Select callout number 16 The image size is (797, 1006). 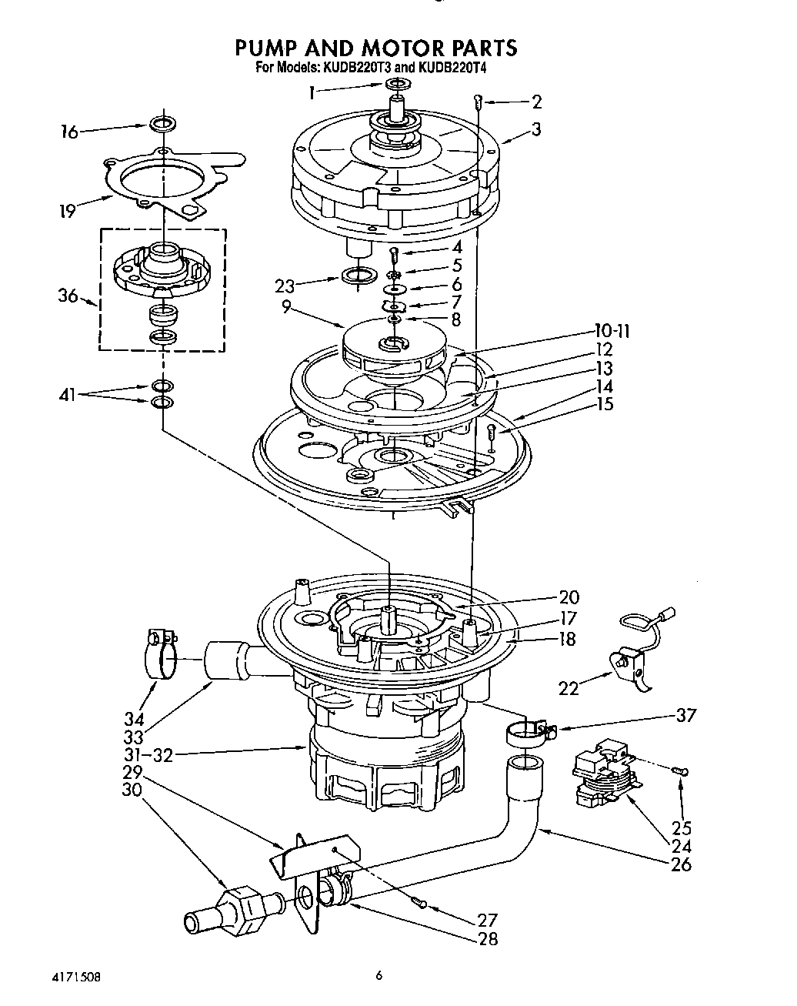click(69, 132)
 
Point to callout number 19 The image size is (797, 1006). click(68, 210)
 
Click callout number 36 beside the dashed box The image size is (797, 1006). click(68, 296)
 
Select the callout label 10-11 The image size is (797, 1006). click(612, 333)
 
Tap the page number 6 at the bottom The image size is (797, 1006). click(378, 975)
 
